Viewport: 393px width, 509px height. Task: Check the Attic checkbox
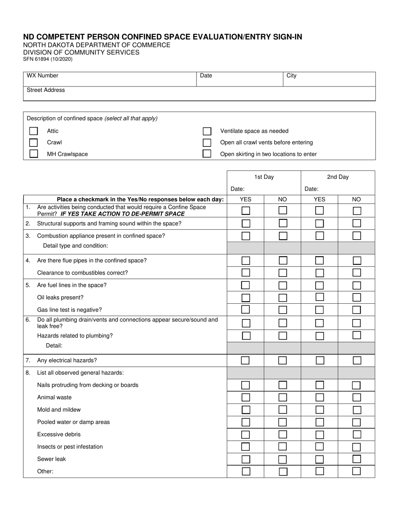(34, 131)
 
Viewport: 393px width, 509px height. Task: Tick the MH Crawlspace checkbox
(34, 154)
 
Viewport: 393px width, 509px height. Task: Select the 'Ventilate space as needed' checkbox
(207, 131)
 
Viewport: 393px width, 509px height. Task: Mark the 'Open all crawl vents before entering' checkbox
(207, 143)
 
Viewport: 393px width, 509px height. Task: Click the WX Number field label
(43, 76)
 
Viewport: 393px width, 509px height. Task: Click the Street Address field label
(46, 90)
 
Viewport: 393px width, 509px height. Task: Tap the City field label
(291, 76)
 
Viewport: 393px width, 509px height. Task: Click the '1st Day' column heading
(264, 177)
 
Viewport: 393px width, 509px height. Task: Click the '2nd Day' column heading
(338, 177)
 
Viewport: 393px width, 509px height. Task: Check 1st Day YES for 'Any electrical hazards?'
(245, 360)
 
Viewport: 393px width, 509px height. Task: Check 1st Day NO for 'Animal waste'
(283, 398)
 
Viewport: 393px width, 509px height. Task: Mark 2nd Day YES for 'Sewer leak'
(319, 459)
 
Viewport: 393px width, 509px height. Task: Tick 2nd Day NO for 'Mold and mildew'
(357, 410)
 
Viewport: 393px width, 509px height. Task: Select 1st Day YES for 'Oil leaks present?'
(245, 298)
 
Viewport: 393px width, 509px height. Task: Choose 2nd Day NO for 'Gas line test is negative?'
(357, 310)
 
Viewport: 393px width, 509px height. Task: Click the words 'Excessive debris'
(59, 435)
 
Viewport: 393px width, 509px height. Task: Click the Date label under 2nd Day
(312, 189)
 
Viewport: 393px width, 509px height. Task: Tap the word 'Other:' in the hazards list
(45, 471)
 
